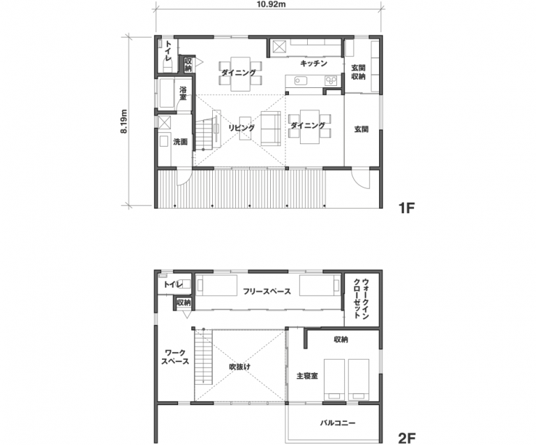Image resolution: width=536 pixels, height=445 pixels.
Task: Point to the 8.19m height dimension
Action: pyautogui.click(x=124, y=121)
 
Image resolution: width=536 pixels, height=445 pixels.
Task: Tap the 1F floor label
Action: pyautogui.click(x=406, y=207)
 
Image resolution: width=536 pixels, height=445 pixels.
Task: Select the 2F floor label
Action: pyautogui.click(x=407, y=438)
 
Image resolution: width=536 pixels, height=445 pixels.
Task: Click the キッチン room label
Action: pyautogui.click(x=314, y=64)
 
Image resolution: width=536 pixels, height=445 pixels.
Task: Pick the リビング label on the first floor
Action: pyautogui.click(x=241, y=128)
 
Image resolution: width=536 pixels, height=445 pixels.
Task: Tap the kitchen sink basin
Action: pyautogui.click(x=301, y=81)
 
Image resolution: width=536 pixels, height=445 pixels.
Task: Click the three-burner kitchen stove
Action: pyautogui.click(x=331, y=80)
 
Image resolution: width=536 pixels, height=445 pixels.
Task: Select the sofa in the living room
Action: pyautogui.click(x=271, y=129)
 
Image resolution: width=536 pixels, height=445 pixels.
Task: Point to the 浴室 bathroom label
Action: pyautogui.click(x=184, y=94)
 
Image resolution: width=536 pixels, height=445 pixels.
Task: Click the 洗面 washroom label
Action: pyautogui.click(x=180, y=142)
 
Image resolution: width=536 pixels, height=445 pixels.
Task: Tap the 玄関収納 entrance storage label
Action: pyautogui.click(x=358, y=72)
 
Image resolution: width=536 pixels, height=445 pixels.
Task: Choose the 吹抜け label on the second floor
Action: pyautogui.click(x=239, y=367)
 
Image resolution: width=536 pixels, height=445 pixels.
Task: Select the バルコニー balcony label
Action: pyautogui.click(x=338, y=423)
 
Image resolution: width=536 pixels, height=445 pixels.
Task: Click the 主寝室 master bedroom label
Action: pyautogui.click(x=307, y=376)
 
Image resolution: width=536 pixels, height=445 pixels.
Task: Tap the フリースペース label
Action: pyautogui.click(x=267, y=291)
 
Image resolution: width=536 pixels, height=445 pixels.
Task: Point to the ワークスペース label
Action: pyautogui.click(x=175, y=357)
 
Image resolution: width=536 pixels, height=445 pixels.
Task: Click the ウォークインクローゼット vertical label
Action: pyautogui.click(x=361, y=299)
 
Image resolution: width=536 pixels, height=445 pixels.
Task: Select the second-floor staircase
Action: pyautogui.click(x=203, y=356)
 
